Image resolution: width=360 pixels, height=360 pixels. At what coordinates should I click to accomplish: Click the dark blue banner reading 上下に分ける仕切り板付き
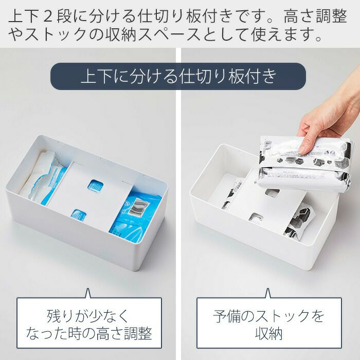click(x=178, y=76)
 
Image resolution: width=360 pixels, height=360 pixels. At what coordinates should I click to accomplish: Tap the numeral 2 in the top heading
click(x=47, y=17)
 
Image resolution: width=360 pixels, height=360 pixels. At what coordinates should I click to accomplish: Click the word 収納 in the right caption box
click(x=268, y=334)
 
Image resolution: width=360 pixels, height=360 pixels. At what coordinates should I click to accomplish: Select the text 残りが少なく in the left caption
click(x=87, y=316)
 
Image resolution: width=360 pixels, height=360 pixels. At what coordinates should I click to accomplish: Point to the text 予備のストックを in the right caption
click(x=268, y=316)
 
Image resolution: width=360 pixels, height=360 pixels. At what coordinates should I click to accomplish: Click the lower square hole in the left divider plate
click(x=78, y=215)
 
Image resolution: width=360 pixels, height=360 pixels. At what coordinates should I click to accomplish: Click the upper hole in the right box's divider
click(x=272, y=192)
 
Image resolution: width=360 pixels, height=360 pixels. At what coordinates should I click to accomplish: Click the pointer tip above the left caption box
click(x=87, y=289)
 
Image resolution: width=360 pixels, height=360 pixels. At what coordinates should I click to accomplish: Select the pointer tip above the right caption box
click(x=267, y=289)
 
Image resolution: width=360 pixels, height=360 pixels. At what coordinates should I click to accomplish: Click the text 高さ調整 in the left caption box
click(x=124, y=334)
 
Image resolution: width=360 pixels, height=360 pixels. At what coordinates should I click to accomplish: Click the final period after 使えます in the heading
click(x=318, y=39)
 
